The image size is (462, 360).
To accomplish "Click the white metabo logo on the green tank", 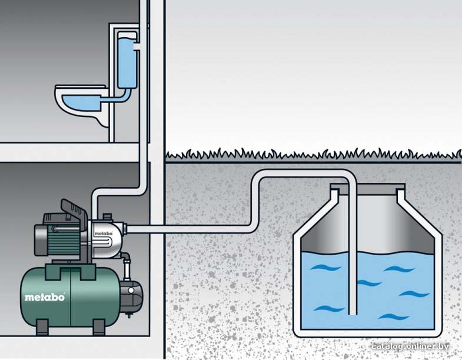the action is (x=45, y=297).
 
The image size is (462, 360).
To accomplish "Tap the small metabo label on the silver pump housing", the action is (x=104, y=234).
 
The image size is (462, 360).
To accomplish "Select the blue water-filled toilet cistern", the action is (x=127, y=61).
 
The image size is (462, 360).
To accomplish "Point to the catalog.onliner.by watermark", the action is (x=410, y=346).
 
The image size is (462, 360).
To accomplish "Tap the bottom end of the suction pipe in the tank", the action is (x=353, y=314).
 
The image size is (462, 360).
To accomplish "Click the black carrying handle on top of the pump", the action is (x=74, y=211).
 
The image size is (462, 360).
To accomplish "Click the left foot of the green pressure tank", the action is (x=42, y=327).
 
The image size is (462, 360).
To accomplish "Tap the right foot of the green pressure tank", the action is (x=99, y=327).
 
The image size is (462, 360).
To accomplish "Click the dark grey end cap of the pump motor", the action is (x=41, y=240).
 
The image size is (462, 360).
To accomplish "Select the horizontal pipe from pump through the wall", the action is (x=188, y=229).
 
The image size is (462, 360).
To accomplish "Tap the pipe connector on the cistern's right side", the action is (x=137, y=47).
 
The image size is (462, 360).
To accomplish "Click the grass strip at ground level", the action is (x=313, y=155).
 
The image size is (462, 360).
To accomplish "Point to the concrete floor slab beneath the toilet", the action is (x=69, y=152).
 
